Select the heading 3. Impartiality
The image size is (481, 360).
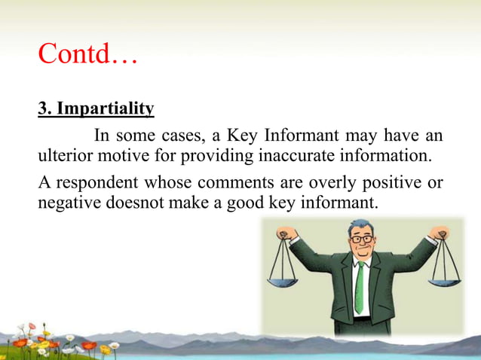96,109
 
